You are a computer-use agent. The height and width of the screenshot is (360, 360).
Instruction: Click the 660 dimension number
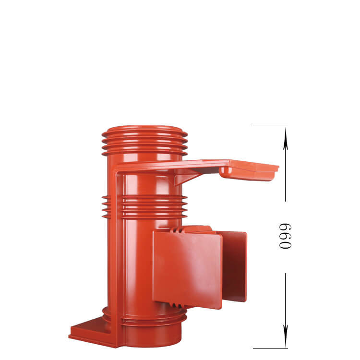coord(286,236)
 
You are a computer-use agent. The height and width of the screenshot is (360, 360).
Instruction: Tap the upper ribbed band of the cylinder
coord(144,144)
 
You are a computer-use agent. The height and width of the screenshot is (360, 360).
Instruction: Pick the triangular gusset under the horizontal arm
coord(185,177)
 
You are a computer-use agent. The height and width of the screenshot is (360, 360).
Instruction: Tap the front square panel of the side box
coord(187,269)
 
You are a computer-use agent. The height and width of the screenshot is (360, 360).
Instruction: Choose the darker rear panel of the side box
coord(235,264)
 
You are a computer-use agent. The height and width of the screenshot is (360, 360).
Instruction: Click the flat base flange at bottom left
coord(91,331)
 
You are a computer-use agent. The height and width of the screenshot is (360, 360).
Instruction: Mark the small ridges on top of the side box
coord(178,230)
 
